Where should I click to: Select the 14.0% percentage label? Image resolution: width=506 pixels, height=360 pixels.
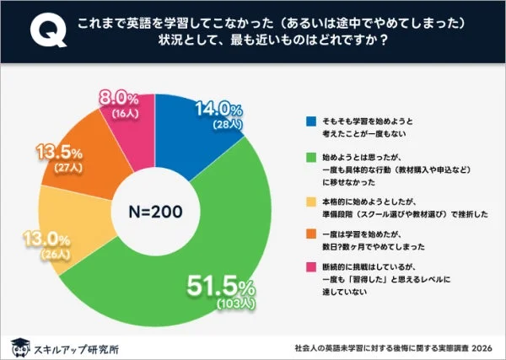click(218, 110)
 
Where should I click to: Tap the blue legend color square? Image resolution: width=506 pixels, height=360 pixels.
click(310, 119)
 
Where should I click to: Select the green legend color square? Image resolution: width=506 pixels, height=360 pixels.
click(310, 156)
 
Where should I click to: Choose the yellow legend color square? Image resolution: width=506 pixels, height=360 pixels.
click(310, 201)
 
